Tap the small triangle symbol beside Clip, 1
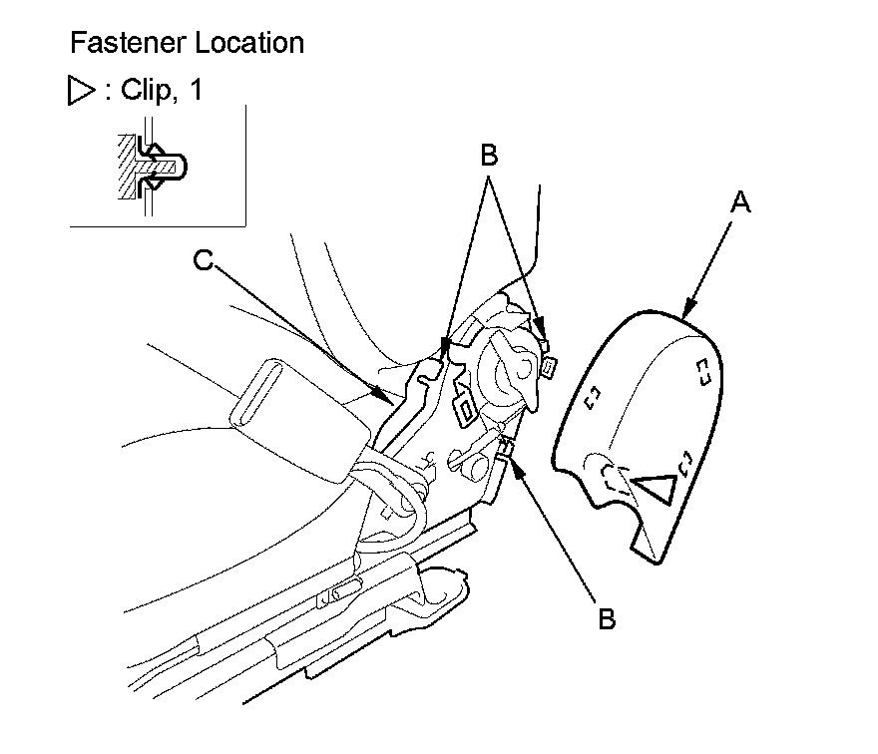tap(80, 93)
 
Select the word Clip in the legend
tap(146, 92)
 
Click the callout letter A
tap(739, 203)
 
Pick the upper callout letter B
tap(489, 157)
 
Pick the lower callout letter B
tap(606, 617)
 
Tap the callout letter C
tap(203, 261)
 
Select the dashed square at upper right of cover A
tap(702, 371)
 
